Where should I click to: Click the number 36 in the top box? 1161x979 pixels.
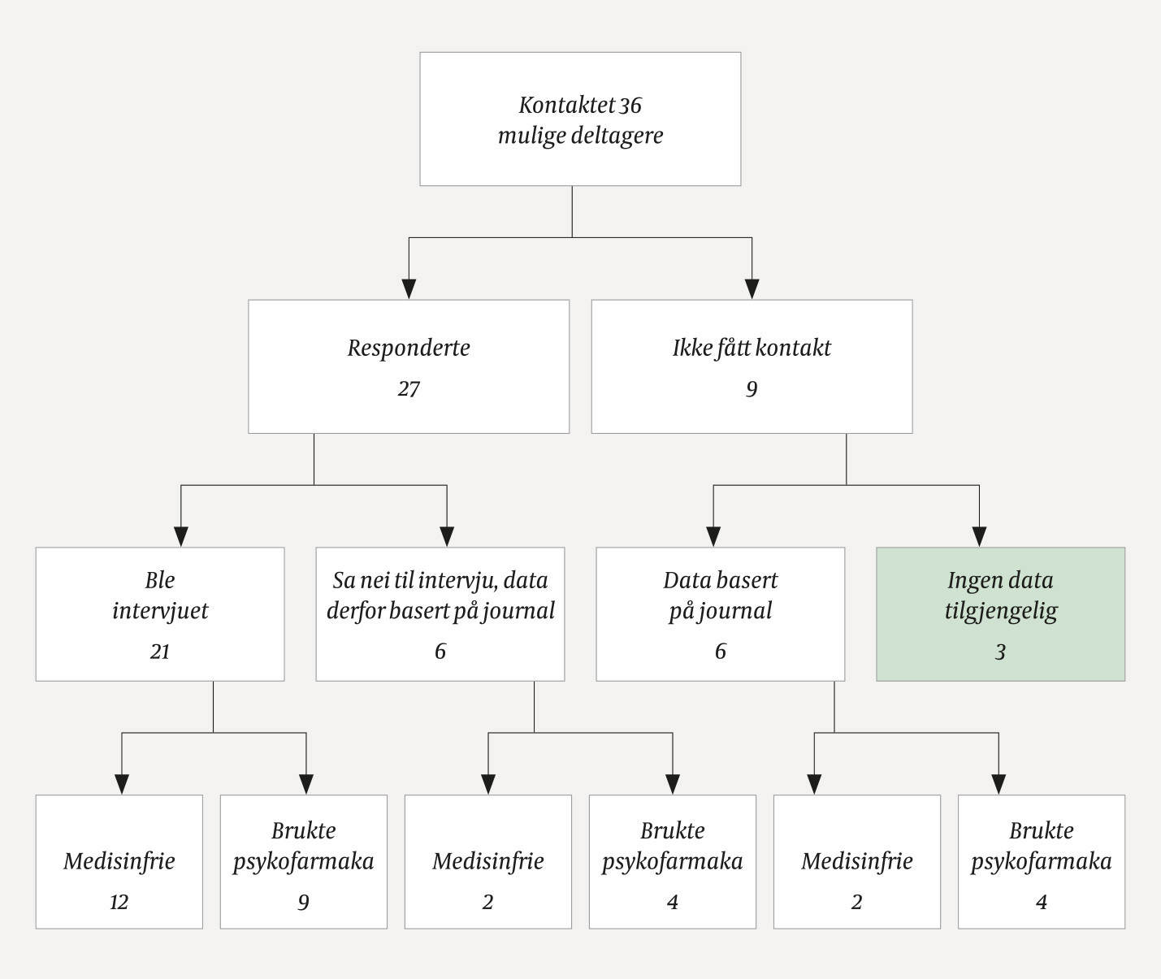[x=630, y=106]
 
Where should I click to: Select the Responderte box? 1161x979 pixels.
[x=408, y=366]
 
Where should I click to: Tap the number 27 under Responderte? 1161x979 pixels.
[x=409, y=389]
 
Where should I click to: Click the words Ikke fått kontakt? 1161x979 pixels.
[x=752, y=349]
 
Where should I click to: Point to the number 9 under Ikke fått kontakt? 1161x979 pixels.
[x=752, y=389]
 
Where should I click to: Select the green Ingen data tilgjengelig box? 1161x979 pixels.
[x=1000, y=613]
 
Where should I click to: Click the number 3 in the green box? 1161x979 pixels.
[x=1000, y=652]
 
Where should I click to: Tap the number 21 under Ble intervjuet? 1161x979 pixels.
[x=160, y=652]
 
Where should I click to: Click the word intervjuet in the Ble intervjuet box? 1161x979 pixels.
[x=160, y=611]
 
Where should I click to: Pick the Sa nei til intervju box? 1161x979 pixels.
[x=440, y=613]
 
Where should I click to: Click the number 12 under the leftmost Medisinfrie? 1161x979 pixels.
[x=119, y=903]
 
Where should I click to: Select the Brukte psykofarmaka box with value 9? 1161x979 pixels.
[x=303, y=861]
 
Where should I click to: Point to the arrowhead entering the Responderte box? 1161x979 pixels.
[x=409, y=288]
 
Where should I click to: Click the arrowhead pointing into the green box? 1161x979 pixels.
[x=979, y=536]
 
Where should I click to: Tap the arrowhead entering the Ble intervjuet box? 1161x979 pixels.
[x=181, y=536]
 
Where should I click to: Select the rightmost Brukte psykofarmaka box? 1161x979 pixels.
[x=1041, y=861]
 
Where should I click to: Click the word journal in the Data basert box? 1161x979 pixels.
[x=738, y=611]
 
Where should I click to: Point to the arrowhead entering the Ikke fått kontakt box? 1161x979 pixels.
[x=752, y=288]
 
